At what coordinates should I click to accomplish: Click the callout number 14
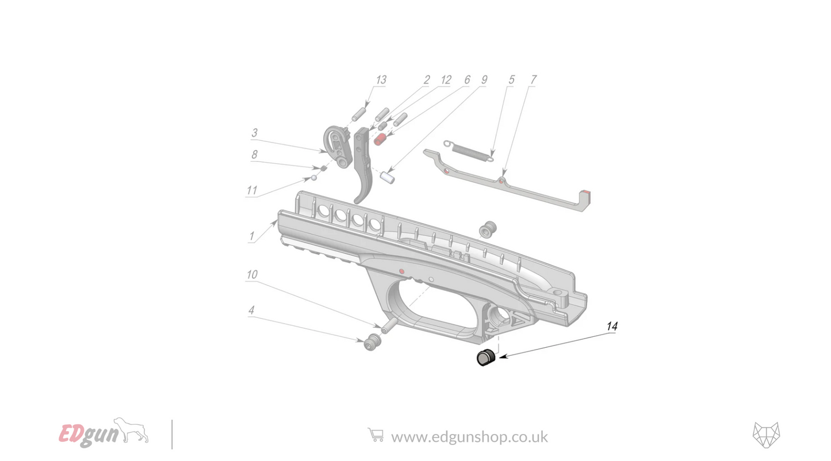(x=612, y=326)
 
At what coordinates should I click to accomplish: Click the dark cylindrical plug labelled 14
(x=485, y=358)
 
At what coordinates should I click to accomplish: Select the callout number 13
(x=381, y=79)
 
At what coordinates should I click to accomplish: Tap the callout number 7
(x=533, y=79)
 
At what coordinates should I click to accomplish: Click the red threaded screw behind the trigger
(x=380, y=139)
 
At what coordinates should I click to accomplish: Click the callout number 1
(x=251, y=236)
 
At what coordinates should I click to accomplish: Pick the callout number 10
(x=252, y=275)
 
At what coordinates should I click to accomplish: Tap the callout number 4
(x=251, y=310)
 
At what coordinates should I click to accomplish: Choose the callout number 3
(x=255, y=133)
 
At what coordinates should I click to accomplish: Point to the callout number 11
(x=252, y=190)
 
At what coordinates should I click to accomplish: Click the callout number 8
(x=254, y=155)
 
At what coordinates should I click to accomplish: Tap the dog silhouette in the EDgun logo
(x=132, y=430)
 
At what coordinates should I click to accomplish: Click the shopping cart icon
(x=376, y=435)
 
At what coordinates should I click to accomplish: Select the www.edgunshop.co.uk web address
(x=469, y=437)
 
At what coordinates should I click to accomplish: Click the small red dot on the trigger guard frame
(x=401, y=270)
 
